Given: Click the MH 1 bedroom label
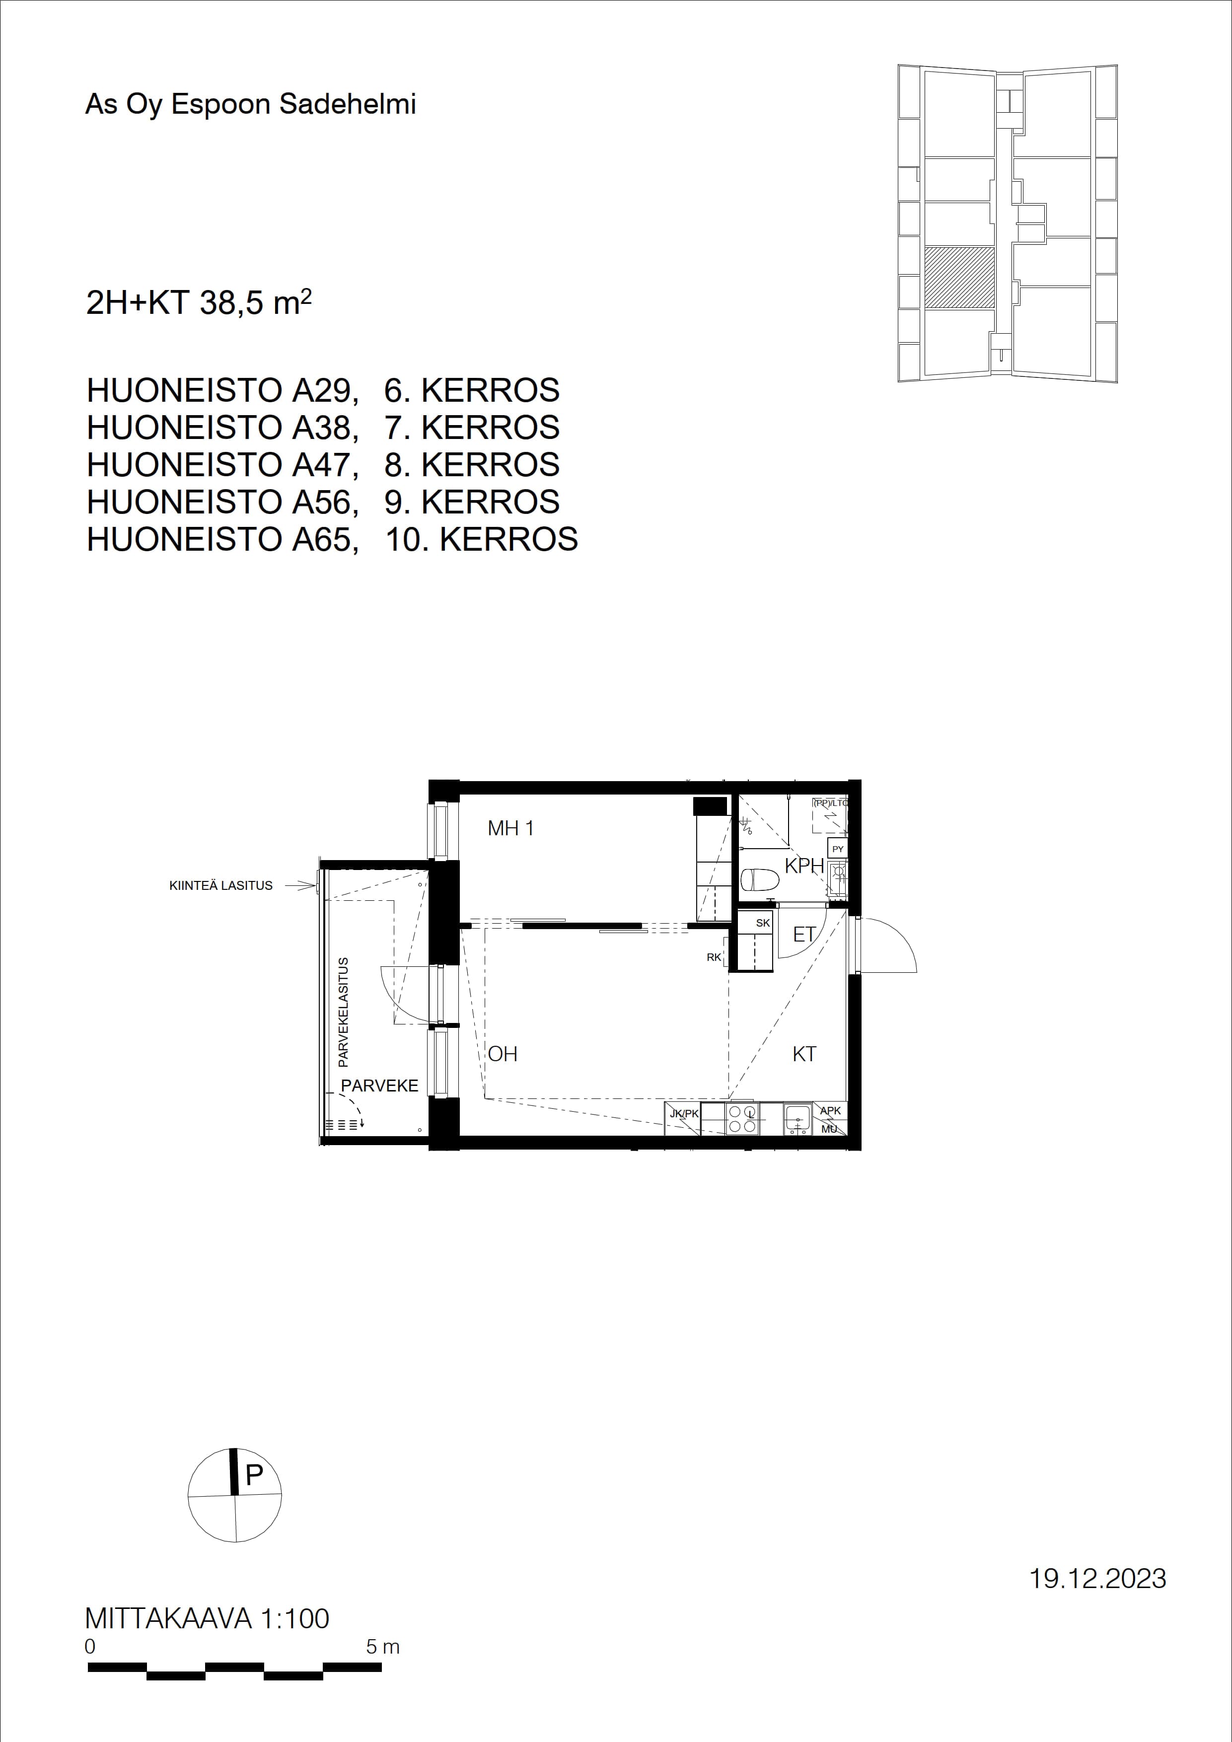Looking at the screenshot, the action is pos(510,828).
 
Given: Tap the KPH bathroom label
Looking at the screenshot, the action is pos(804,866).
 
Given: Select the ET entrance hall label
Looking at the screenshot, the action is pos(804,935).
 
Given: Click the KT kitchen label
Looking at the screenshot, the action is pos(804,1053).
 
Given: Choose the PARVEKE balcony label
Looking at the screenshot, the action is pos(379,1086).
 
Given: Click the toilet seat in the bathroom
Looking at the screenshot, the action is pos(759,880).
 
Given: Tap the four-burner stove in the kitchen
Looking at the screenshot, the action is pos(742,1119).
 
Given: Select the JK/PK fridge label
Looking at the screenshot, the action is pos(684,1113).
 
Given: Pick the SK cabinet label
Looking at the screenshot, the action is pos(763,923).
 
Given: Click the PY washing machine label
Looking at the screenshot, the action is pos(838,849).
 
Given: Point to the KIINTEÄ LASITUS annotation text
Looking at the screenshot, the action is pos(221,885).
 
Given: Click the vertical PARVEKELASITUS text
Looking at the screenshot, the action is pos(343,1012).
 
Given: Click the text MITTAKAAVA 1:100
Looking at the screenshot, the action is pos(207,1618).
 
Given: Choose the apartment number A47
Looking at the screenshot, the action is pos(325,464).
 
